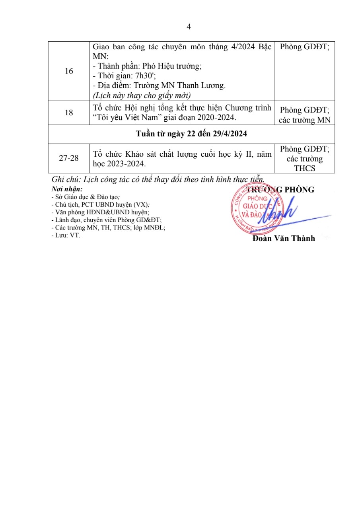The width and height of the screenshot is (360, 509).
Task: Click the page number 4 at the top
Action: [x=189, y=27]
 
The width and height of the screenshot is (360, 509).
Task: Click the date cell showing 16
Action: [x=69, y=71]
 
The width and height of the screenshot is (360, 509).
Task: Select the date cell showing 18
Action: [x=69, y=113]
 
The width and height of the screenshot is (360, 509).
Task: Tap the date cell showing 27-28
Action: [x=69, y=158]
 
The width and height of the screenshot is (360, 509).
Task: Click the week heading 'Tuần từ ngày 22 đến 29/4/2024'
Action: [x=191, y=134]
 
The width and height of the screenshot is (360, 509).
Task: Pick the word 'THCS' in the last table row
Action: [x=304, y=168]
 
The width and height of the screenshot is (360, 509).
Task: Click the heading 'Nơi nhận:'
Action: [x=67, y=190]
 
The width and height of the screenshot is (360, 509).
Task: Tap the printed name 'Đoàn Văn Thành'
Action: [x=283, y=238]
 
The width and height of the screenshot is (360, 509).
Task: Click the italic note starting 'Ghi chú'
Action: [x=158, y=179]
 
